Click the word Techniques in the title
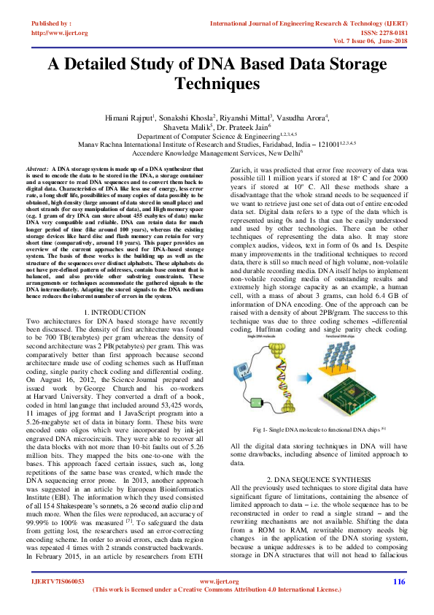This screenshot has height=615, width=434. point(217,83)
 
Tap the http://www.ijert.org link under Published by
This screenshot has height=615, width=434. point(60,33)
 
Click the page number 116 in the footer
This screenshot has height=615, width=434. point(398,581)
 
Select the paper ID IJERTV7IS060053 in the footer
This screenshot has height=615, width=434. point(58,581)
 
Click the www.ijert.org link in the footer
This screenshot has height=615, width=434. point(216,581)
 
